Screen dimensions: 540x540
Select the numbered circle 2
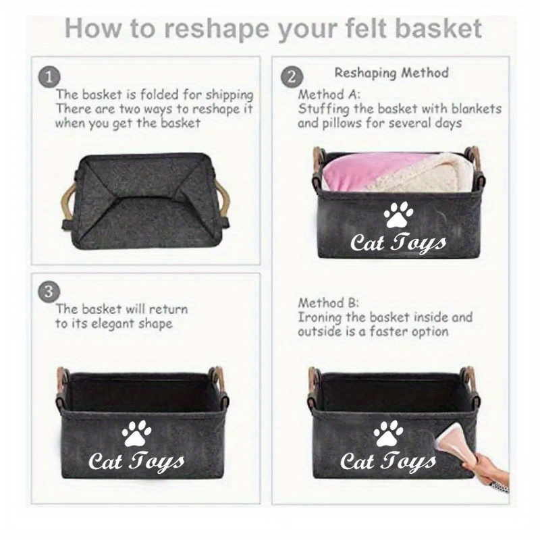292,77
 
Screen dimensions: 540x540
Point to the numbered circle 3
49,292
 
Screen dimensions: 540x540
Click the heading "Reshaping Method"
391,73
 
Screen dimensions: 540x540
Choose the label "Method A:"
329,94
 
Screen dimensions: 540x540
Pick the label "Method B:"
328,303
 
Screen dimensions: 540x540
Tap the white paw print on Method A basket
398,215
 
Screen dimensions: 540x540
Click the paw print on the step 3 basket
136,433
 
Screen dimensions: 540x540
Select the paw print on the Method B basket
388,433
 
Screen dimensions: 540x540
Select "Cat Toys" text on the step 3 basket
136,462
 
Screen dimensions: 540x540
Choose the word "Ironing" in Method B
319,317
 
